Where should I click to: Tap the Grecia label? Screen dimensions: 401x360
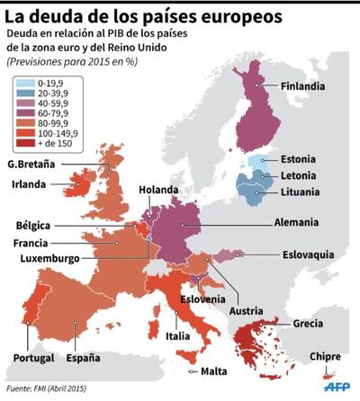[310, 324]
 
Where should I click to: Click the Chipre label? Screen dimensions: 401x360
[325, 356]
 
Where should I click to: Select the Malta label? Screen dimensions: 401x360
[213, 370]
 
